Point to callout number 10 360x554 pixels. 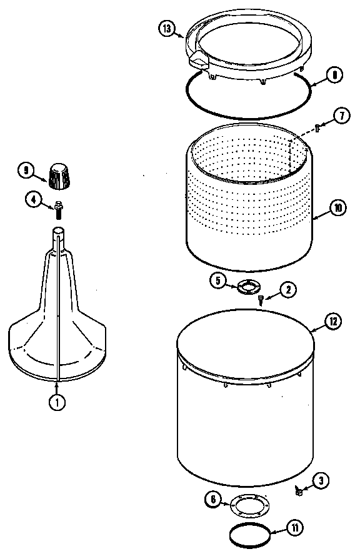337,208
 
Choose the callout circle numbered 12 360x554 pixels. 333,322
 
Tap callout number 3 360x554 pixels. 320,481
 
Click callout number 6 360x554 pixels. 212,500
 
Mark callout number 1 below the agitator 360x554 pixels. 57,403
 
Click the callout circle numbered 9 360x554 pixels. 26,169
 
